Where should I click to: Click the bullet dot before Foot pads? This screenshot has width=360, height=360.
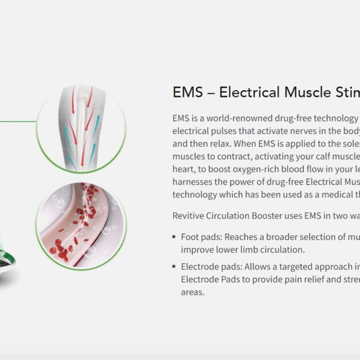[x=174, y=237]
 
